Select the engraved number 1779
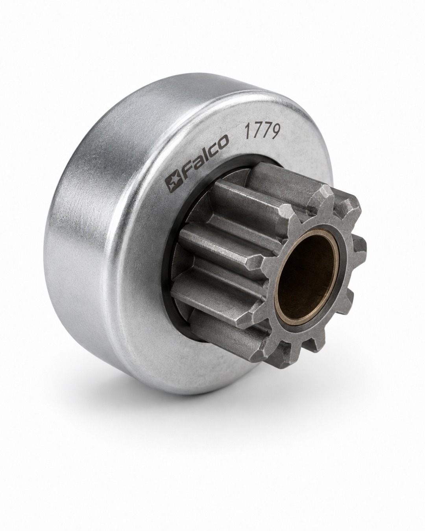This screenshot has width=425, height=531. tap(262, 133)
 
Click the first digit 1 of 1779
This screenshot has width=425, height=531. tap(247, 135)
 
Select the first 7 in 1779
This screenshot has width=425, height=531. tap(256, 133)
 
